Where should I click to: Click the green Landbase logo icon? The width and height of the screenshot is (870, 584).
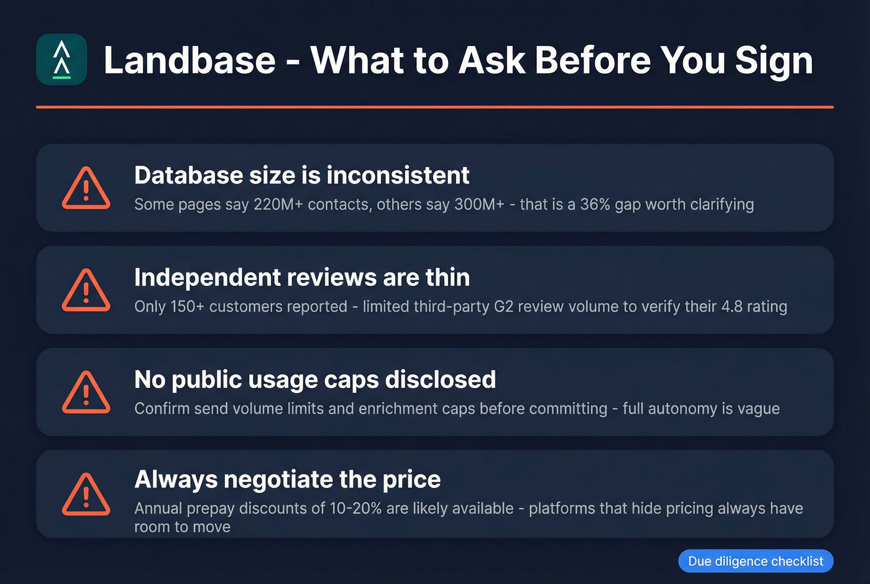coord(62,60)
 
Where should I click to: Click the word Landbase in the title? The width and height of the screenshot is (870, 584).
coord(190,60)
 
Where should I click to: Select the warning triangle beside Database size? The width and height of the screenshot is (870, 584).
coord(86,188)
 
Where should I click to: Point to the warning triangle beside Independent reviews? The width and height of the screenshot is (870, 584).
coord(86,290)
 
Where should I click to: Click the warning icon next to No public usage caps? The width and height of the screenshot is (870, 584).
coord(86,392)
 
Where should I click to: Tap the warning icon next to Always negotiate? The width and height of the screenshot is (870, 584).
coord(86,494)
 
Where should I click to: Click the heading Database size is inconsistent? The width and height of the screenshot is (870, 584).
coord(301,175)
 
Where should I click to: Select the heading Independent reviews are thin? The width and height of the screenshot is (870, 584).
coord(301,277)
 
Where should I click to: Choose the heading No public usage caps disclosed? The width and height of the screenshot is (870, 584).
coord(315,379)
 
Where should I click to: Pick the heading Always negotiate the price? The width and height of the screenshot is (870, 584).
coord(287,480)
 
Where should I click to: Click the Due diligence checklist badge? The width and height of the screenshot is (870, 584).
coord(756,561)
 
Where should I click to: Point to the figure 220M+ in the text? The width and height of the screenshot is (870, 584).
coord(278,205)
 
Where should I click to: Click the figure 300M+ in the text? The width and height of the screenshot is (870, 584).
coord(479,205)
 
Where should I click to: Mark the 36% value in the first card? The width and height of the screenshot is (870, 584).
coord(595,205)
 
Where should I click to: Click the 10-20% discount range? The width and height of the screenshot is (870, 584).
coord(355,508)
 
